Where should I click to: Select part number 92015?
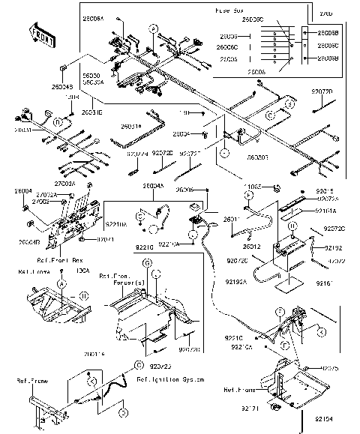[x=334, y=191]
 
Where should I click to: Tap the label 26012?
[x=252, y=246]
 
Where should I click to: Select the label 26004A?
[x=153, y=185]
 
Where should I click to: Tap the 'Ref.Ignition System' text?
[x=170, y=381]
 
